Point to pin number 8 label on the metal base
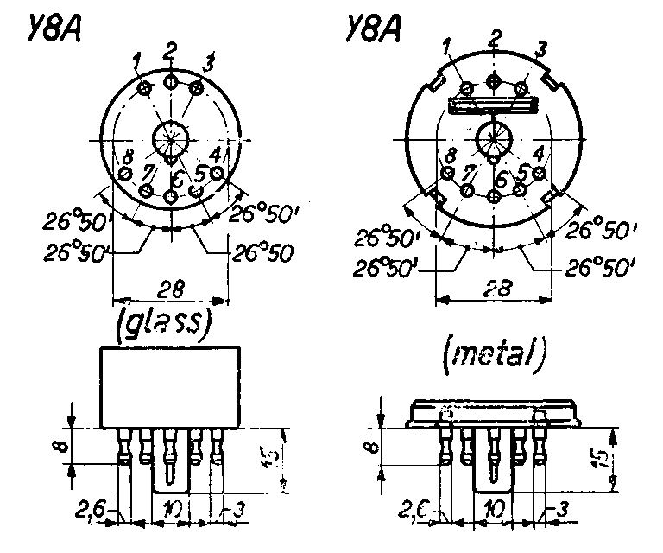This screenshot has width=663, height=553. [x=450, y=156]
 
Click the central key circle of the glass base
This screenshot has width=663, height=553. [x=171, y=138]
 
